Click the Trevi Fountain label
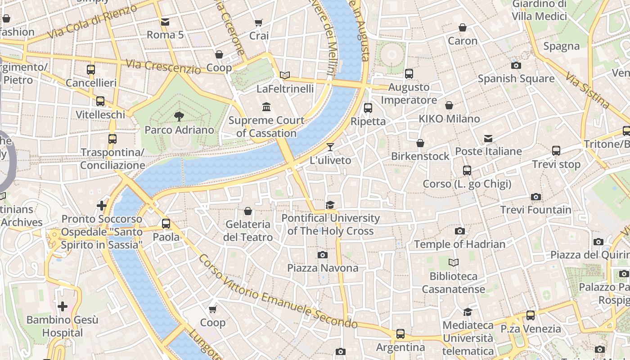click(535, 210)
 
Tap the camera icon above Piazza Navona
click(322, 255)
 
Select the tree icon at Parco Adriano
click(179, 117)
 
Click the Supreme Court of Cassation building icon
click(266, 107)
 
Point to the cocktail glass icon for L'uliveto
click(330, 147)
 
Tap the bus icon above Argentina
click(400, 334)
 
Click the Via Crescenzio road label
click(163, 67)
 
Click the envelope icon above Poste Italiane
click(488, 138)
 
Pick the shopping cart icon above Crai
click(259, 22)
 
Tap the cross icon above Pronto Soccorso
click(102, 206)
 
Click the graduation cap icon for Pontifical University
click(330, 205)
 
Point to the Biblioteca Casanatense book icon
click(454, 262)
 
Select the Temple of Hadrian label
click(459, 244)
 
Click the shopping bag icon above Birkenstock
click(420, 143)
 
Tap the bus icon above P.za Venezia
click(531, 315)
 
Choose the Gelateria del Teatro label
click(248, 230)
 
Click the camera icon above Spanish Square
click(516, 65)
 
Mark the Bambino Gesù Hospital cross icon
click(62, 306)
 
